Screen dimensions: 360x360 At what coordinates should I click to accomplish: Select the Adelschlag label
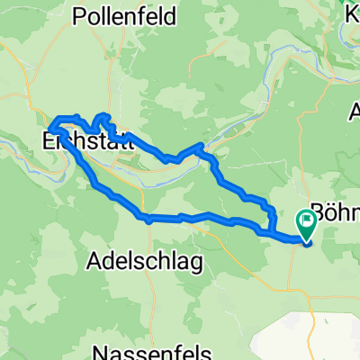145,261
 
